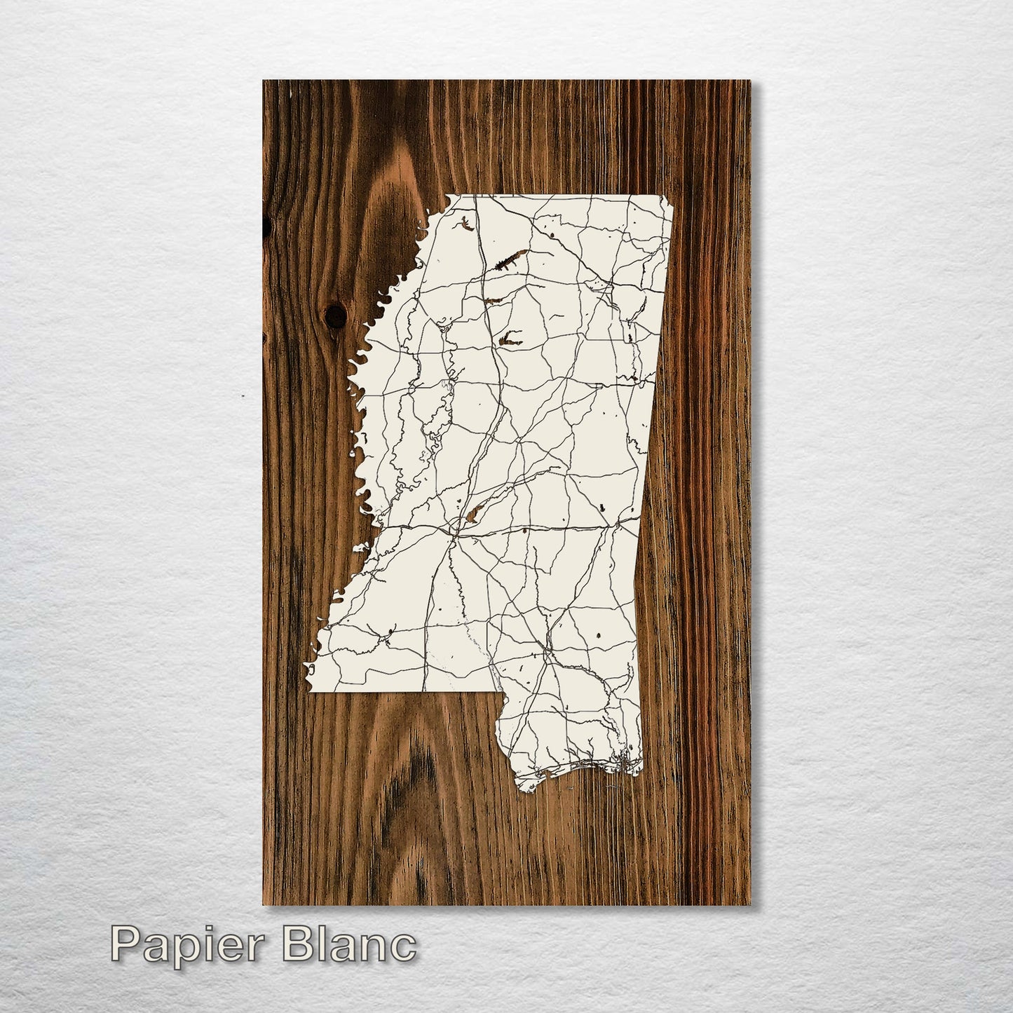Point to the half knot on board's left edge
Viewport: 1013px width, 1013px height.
266,224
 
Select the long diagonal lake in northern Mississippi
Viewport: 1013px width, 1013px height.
509,261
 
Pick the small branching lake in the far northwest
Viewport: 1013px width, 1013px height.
465,226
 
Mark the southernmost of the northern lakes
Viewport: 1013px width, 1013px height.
510,341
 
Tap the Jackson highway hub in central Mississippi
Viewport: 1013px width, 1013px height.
455,533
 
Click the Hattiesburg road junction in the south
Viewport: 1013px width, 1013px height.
545,655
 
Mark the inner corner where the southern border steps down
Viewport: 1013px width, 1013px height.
499,695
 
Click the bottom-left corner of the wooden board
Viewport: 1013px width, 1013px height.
264,904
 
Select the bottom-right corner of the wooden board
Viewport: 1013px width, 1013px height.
749,904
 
